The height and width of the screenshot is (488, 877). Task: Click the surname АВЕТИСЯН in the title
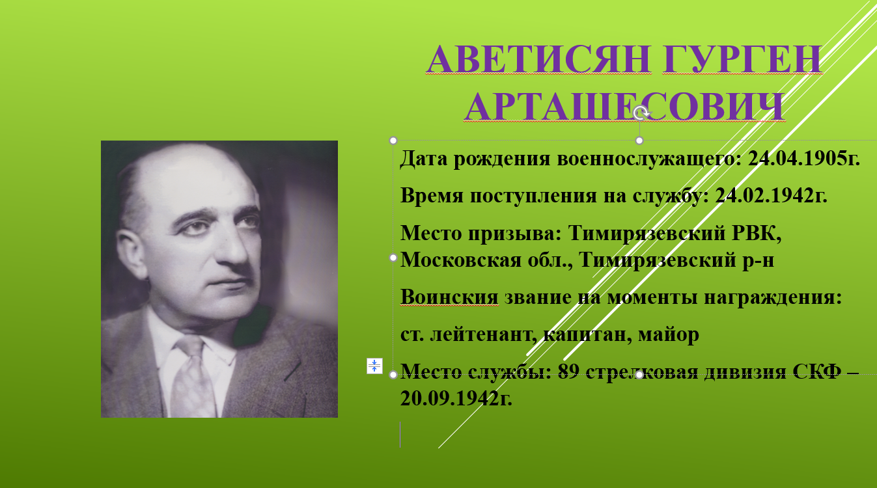pos(538,59)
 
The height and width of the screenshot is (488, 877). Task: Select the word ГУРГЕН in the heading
pos(743,59)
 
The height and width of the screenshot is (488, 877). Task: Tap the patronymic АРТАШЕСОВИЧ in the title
pos(625,107)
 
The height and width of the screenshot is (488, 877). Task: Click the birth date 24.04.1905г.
pos(804,159)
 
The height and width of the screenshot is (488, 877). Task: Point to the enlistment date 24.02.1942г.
pos(772,195)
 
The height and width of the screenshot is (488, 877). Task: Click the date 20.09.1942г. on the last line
pos(456,398)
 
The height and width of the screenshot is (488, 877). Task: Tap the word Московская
pos(460,260)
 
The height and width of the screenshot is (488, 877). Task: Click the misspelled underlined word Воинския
pos(449,297)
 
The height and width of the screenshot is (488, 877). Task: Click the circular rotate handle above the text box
pos(641,113)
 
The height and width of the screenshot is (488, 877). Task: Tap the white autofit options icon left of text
pos(374,366)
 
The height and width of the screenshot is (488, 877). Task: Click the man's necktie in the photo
pos(193,375)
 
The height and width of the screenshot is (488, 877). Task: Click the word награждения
pos(773,297)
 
